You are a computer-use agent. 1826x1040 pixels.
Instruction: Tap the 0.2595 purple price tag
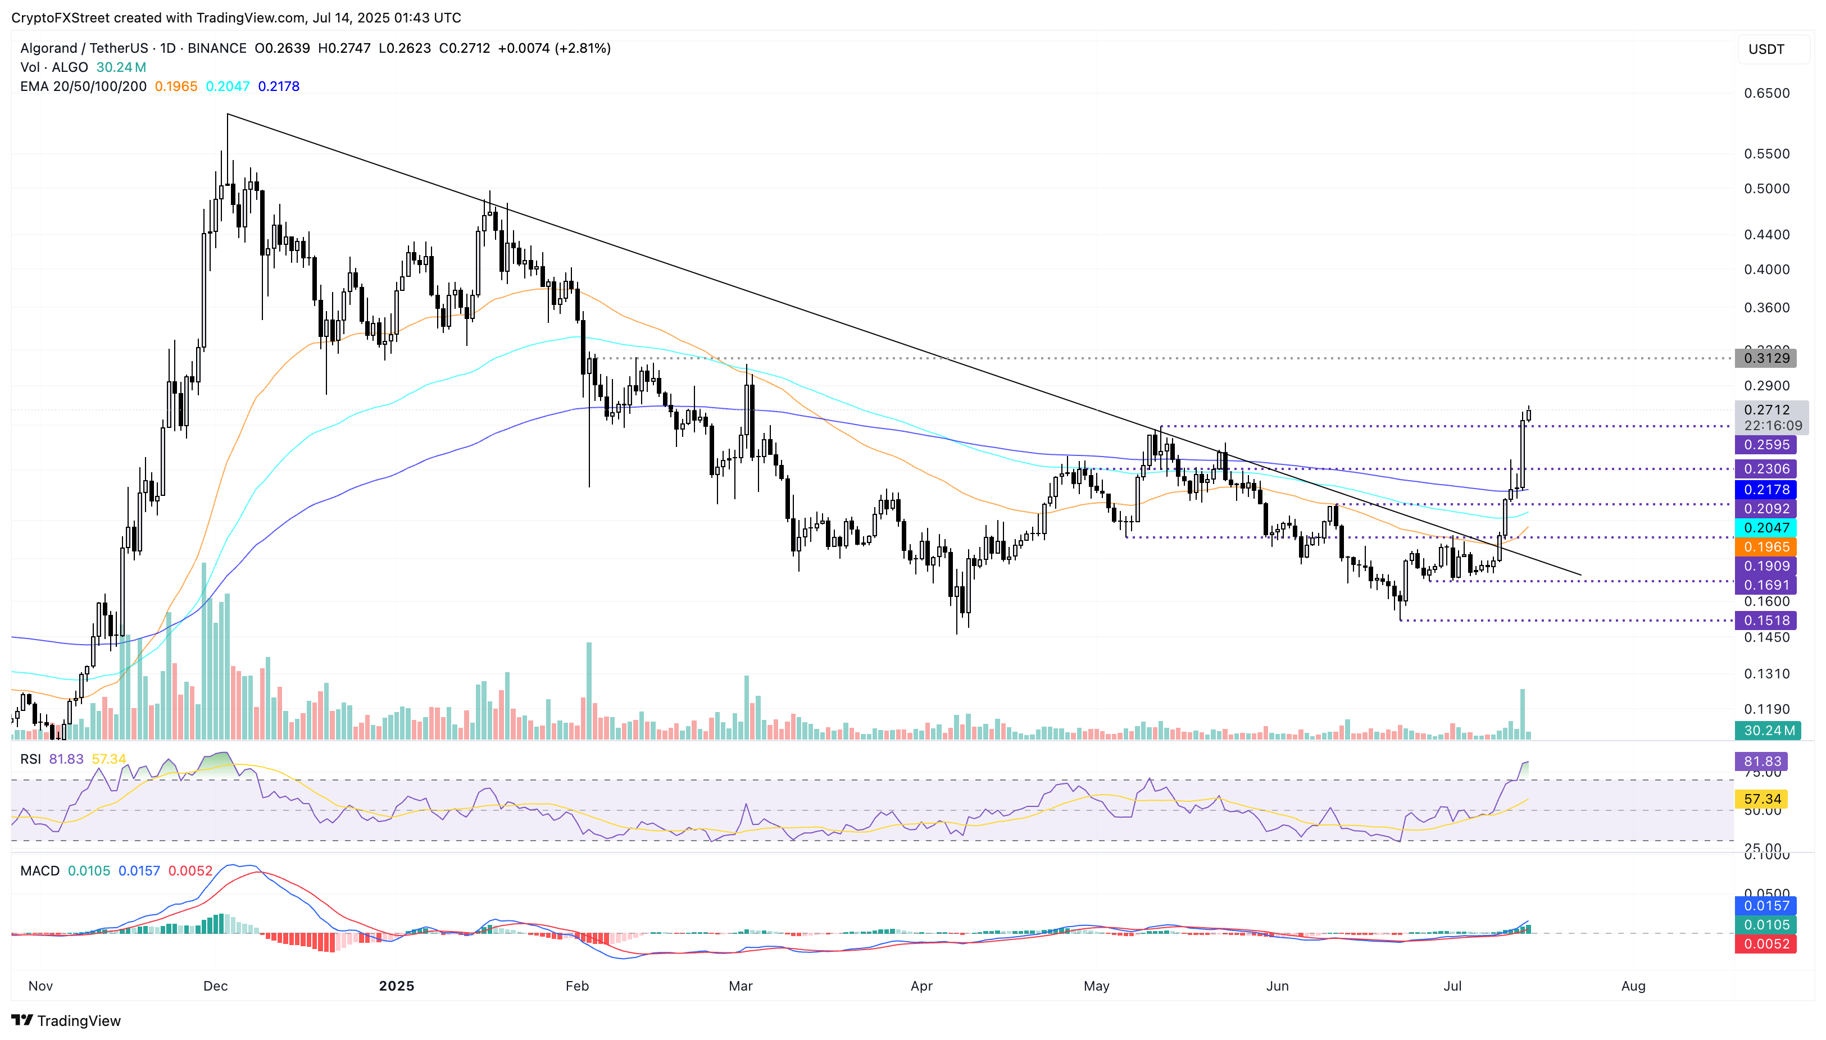tap(1765, 445)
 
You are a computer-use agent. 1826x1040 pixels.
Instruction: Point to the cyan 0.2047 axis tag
tap(1765, 528)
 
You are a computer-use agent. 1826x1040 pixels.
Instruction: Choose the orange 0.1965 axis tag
tap(1765, 547)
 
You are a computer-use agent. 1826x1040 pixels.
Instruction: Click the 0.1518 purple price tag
tap(1765, 621)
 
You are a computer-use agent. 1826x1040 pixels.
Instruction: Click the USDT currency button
tap(1766, 49)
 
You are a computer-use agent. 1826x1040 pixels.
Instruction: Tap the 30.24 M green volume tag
tap(1768, 731)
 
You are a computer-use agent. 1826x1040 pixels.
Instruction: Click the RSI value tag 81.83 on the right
tap(1762, 761)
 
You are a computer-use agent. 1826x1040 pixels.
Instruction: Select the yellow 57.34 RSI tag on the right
tap(1762, 799)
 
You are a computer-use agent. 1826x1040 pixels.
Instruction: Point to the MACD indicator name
tap(40, 871)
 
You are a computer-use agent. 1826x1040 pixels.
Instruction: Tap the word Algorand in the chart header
tap(48, 48)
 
